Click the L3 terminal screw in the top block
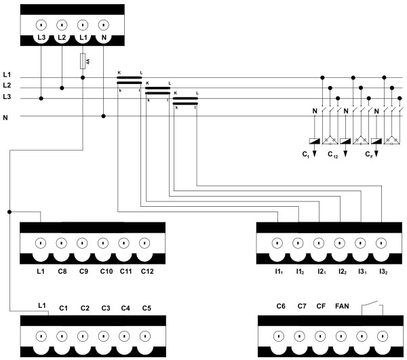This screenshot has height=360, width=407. point(41,25)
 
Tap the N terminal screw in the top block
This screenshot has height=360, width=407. point(103,25)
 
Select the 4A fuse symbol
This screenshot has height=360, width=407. point(83,62)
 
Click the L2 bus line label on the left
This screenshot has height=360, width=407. point(7,85)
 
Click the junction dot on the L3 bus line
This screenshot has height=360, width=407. point(41,98)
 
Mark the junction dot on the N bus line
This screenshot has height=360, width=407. point(103,116)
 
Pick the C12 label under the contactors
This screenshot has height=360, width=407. point(332,155)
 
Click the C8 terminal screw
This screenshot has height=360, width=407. point(61,242)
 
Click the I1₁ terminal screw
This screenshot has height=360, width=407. point(279,242)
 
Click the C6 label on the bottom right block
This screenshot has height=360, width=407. point(281,306)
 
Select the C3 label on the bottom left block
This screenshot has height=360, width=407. point(106,308)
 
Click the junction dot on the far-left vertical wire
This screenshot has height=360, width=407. point(9,212)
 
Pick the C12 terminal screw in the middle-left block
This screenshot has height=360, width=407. point(144,242)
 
